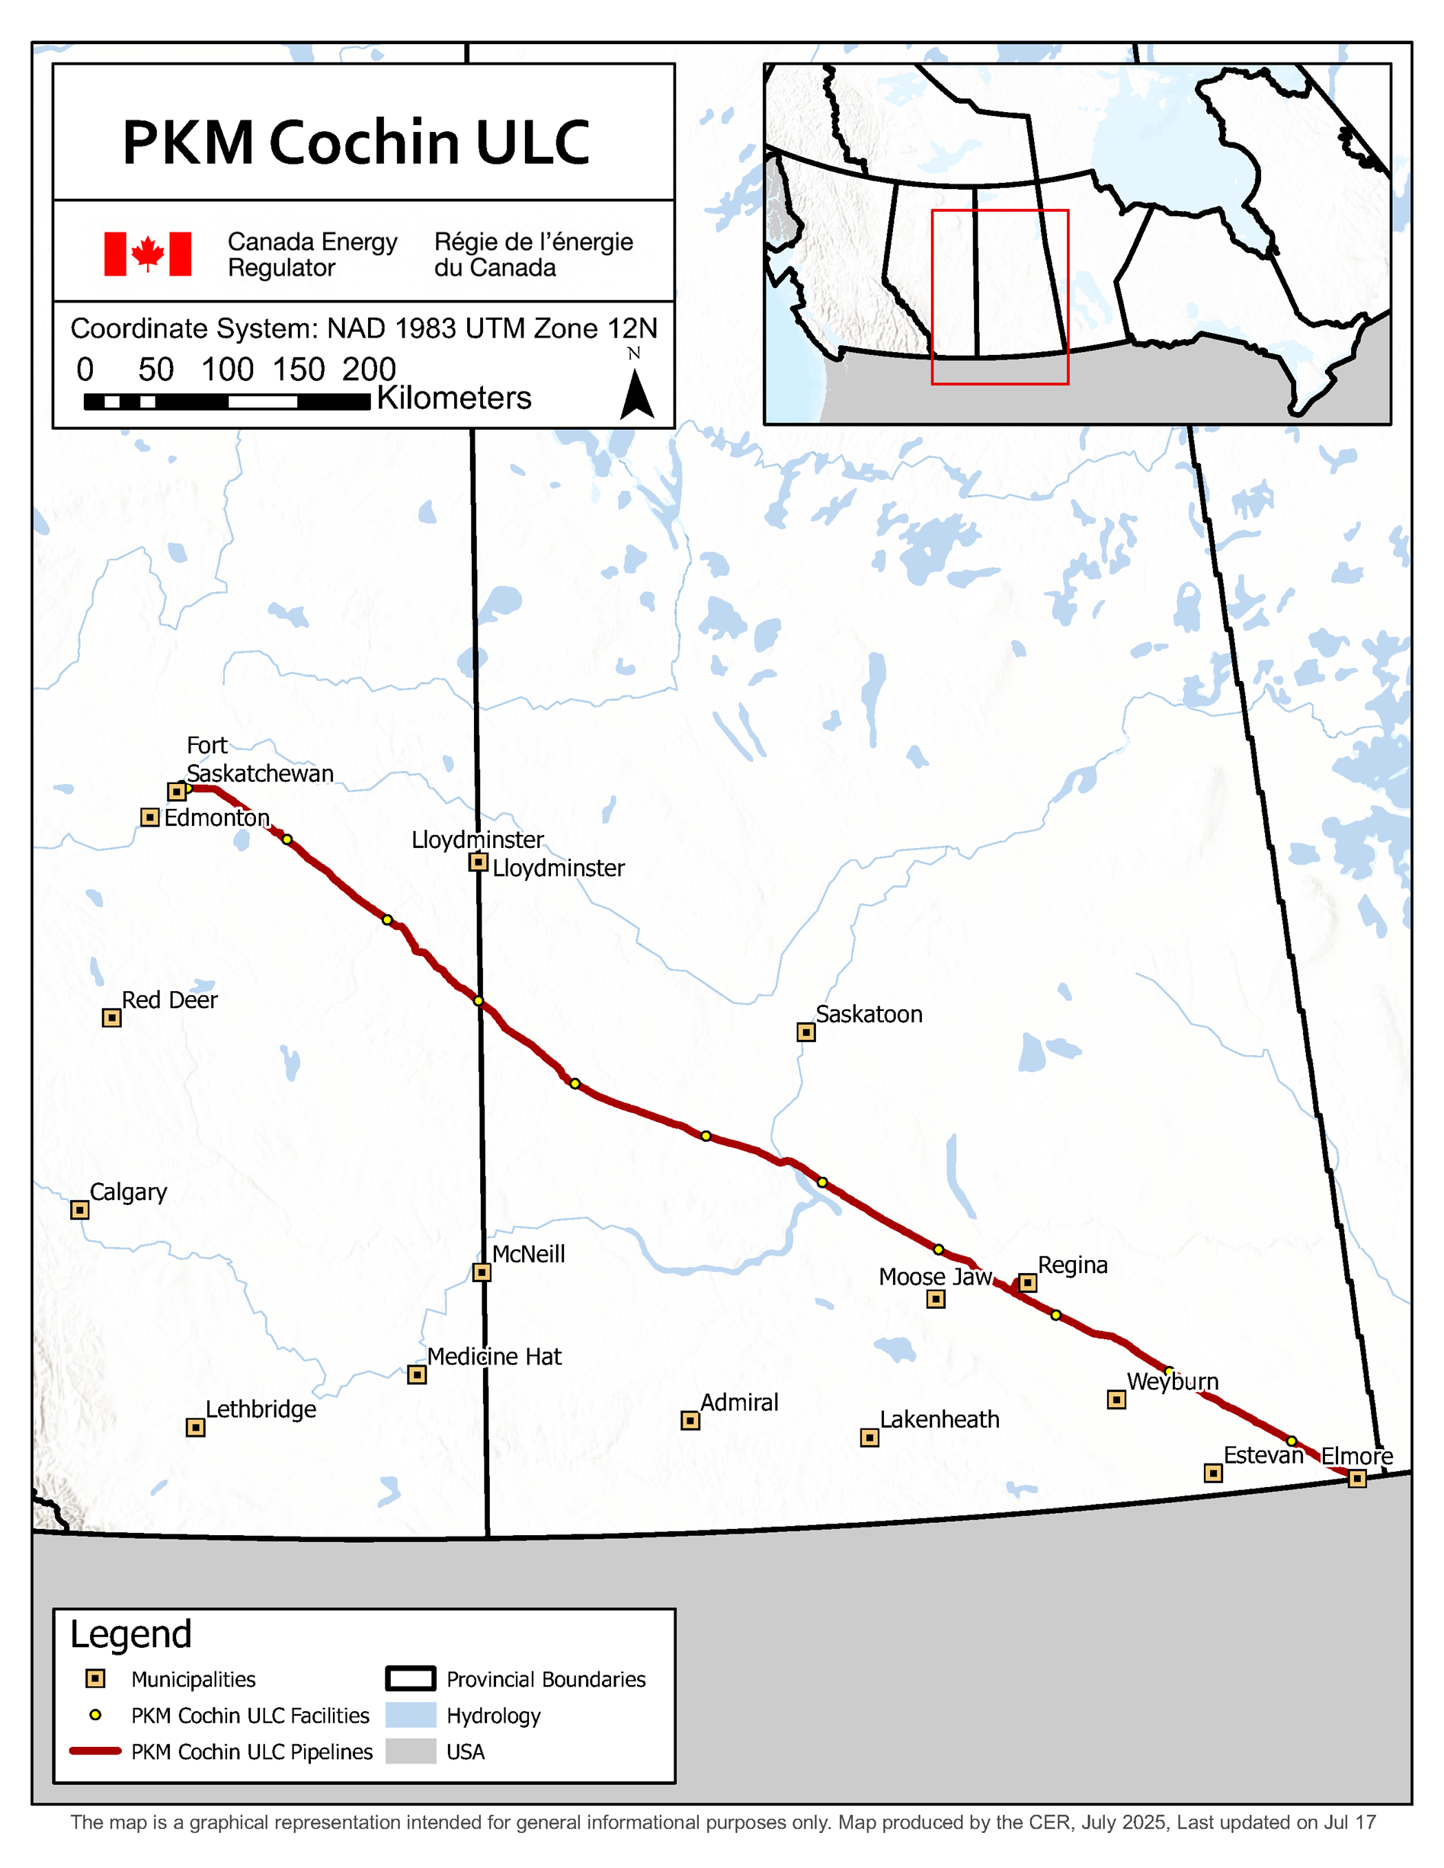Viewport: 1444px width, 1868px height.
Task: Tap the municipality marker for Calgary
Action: [79, 1210]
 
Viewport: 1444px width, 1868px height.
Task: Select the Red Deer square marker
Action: [111, 1018]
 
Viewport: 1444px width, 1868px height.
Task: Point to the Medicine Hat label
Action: [495, 1357]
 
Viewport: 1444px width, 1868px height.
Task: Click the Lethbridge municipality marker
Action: [195, 1428]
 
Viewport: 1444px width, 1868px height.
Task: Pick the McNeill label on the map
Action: [529, 1254]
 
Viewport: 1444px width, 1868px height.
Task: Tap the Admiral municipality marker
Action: [690, 1421]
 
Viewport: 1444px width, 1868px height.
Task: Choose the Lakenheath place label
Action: [940, 1420]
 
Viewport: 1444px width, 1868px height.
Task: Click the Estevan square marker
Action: [1213, 1473]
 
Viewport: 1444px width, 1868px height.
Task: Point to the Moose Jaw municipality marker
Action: [936, 1299]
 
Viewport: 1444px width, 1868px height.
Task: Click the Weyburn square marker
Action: [1116, 1399]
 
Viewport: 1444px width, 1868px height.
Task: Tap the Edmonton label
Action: [216, 817]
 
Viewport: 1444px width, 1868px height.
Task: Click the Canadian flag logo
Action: [148, 254]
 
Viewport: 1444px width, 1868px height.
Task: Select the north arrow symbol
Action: [636, 393]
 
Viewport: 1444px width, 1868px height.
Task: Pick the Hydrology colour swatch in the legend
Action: [411, 1715]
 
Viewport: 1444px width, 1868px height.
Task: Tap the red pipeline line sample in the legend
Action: [95, 1751]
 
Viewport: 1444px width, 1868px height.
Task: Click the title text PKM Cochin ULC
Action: [356, 142]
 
